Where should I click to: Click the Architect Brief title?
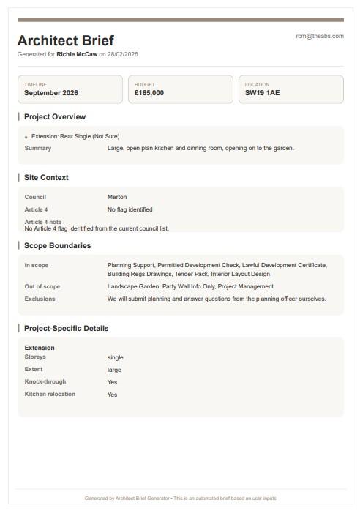(65, 40)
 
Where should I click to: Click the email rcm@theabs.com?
(319, 36)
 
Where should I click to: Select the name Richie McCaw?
(77, 54)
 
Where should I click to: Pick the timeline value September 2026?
(50, 93)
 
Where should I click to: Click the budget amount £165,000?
(149, 93)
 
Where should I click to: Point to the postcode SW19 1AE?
(262, 93)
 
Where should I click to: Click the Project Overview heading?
(55, 117)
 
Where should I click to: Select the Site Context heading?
(46, 178)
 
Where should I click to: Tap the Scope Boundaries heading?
(57, 246)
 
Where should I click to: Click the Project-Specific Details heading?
(66, 329)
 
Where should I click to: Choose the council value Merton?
(117, 197)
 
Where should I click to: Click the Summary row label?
(38, 148)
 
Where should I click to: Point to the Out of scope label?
(42, 286)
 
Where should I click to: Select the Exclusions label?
(40, 299)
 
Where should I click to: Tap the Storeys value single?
(115, 357)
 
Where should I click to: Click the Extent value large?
(114, 370)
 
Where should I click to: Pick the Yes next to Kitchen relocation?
(112, 395)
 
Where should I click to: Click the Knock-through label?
(45, 381)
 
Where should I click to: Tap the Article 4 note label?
(43, 222)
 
